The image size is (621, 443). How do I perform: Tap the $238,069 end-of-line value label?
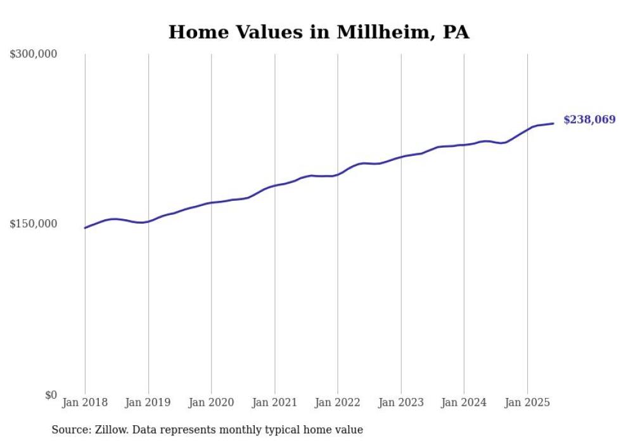click(589, 119)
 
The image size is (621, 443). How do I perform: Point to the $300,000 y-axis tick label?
click(33, 54)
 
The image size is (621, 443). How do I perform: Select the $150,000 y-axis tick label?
click(33, 224)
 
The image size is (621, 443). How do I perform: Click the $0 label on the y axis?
click(51, 395)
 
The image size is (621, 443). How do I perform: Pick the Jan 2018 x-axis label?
click(85, 402)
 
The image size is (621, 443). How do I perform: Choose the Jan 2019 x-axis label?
click(148, 402)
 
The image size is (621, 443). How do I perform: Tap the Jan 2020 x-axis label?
click(211, 402)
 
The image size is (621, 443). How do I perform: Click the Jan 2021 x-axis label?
click(274, 402)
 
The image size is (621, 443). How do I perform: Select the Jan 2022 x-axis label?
click(338, 402)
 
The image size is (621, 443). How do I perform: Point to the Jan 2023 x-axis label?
click(400, 402)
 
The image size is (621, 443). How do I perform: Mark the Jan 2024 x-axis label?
click(464, 402)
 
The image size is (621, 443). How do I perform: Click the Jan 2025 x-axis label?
click(527, 402)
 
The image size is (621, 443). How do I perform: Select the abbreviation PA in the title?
click(456, 32)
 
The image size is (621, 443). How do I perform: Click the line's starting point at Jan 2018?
click(85, 228)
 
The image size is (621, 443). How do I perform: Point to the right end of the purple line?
click(554, 123)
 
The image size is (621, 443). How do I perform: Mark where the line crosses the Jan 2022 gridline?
click(338, 174)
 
